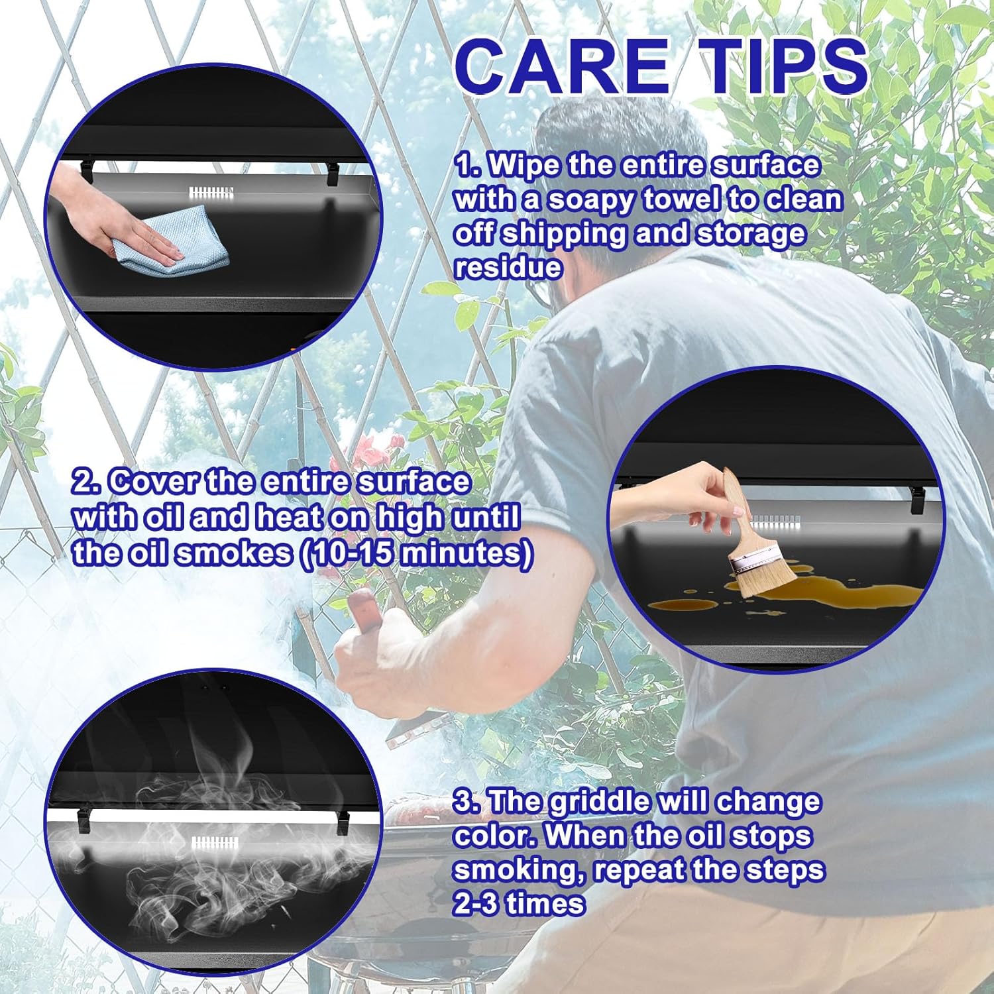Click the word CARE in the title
[x=561, y=66]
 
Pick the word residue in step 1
[x=508, y=267]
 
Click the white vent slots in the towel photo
[x=211, y=193]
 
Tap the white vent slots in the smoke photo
[x=214, y=843]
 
